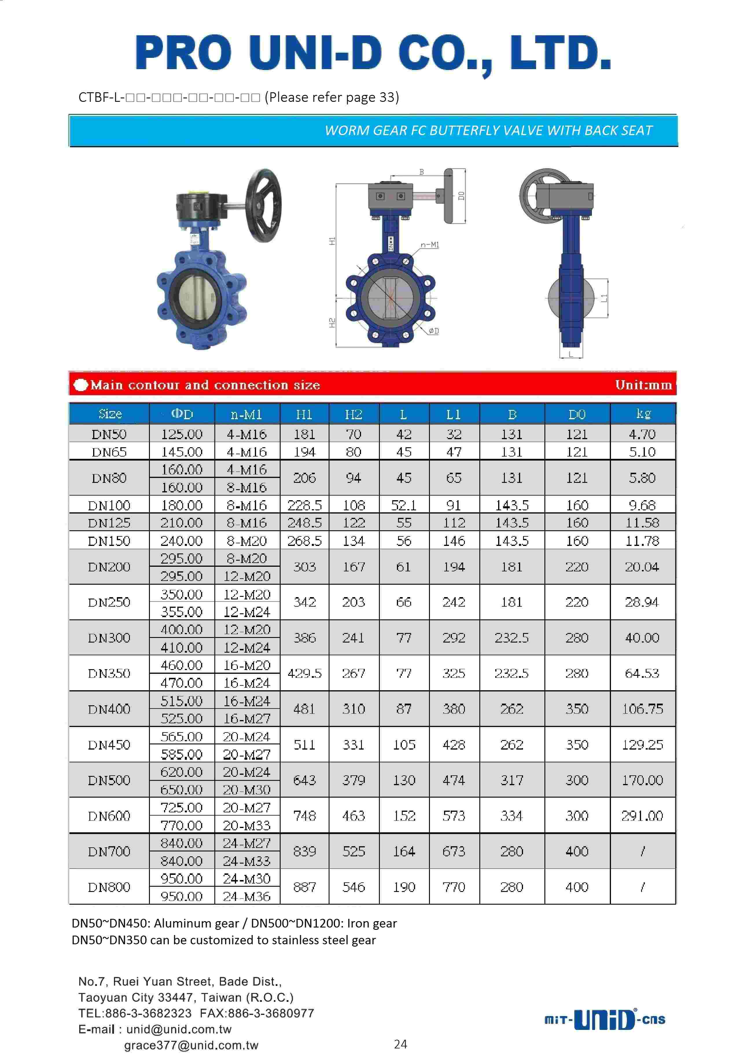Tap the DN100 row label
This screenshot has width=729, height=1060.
[109, 505]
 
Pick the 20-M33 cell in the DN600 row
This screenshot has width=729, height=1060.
[247, 825]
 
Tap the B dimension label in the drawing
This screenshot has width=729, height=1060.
[421, 172]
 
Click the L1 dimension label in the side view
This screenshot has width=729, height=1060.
[604, 298]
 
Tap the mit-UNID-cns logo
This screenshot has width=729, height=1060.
[605, 1019]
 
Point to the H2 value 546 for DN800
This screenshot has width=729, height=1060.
[354, 887]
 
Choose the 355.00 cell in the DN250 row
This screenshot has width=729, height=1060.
[182, 612]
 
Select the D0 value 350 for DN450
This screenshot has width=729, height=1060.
[577, 744]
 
